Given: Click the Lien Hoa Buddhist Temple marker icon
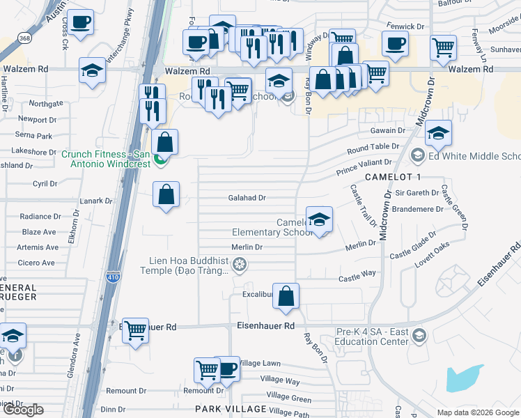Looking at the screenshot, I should click(240, 264).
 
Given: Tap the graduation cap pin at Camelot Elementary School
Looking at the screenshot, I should click(319, 220).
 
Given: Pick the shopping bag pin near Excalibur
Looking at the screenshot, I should click(286, 296).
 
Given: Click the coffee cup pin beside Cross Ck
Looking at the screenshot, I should click(80, 22).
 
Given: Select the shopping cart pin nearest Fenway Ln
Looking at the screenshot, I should click(443, 47).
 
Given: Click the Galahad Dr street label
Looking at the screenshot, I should click(247, 198).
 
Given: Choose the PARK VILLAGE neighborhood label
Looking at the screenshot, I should click(231, 409).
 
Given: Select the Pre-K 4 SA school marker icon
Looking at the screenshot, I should click(419, 335).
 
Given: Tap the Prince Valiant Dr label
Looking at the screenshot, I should click(366, 167).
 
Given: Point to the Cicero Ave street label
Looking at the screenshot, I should click(37, 263).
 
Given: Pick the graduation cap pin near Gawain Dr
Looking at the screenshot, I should click(437, 133).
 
